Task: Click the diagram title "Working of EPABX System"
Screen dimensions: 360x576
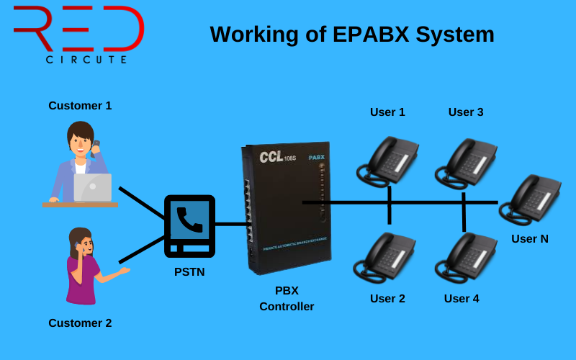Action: tap(352, 34)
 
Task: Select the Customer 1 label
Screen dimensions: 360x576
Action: tap(80, 106)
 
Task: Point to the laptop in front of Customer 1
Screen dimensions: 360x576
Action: tap(93, 187)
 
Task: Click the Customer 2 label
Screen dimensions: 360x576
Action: tap(80, 323)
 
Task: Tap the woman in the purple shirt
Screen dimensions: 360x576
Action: tap(85, 266)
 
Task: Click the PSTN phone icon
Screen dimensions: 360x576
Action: tap(189, 225)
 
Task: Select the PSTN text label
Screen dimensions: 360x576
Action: tap(189, 272)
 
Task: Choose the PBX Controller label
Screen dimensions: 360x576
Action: tap(287, 299)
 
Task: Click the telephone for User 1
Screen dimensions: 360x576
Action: tap(388, 160)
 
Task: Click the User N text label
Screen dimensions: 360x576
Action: tap(529, 239)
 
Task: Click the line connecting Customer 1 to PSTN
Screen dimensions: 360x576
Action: tap(142, 203)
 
